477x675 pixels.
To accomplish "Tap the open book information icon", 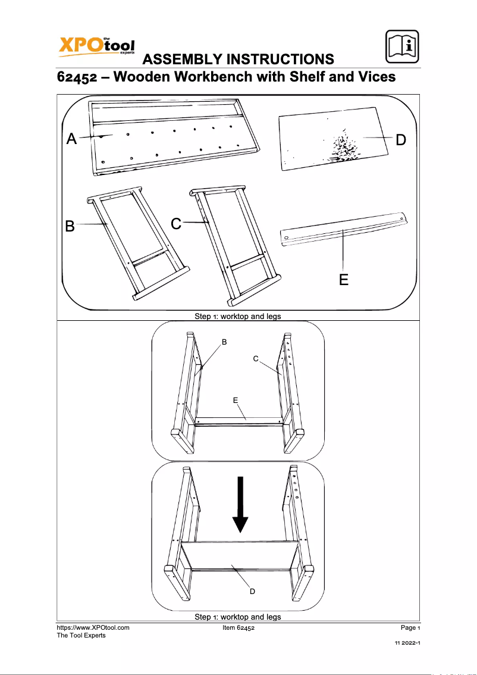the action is point(401,45).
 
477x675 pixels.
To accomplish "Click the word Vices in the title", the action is point(375,77).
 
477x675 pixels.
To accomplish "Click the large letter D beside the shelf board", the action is point(401,140).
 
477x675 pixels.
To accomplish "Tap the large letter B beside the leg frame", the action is point(70,227).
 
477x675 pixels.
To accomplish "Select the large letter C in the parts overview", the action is point(176,224).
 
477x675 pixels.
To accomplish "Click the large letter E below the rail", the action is point(344,279).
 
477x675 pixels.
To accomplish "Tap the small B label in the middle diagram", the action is point(224,342).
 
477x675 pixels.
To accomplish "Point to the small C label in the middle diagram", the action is point(255,359).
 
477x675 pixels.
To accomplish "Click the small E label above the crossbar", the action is point(236,401).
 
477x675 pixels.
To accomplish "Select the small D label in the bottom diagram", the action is point(252,592).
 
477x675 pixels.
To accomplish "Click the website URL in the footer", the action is point(93,627).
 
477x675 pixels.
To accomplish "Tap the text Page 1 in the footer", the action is point(410,628).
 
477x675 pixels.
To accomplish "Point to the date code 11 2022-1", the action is point(407,644).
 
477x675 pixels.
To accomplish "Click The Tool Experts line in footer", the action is point(81,636).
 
